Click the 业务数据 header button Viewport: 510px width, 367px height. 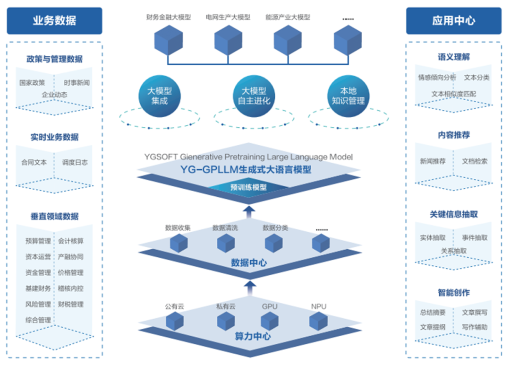point(54,20)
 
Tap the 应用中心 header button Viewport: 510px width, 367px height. point(453,20)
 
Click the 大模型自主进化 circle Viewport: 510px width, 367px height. point(254,96)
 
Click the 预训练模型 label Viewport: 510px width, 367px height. point(248,187)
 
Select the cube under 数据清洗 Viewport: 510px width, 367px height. point(226,243)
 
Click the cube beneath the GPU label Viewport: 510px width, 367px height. point(270,321)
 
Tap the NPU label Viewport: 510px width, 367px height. point(319,306)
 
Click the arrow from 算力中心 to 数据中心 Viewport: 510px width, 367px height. point(250,285)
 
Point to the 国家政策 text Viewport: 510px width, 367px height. point(32,82)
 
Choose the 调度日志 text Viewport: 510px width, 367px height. point(75,162)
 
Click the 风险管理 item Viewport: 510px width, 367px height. point(38,304)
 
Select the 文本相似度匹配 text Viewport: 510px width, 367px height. point(453,94)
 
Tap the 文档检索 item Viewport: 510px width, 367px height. point(475,161)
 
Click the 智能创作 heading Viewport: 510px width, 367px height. point(453,293)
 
